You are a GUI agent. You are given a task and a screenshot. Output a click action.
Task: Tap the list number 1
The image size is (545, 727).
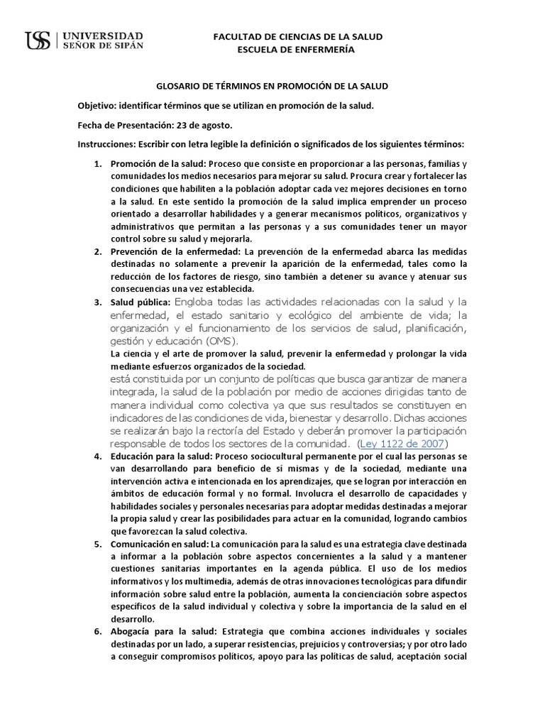point(98,164)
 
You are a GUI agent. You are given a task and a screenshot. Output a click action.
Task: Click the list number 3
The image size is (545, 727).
point(98,302)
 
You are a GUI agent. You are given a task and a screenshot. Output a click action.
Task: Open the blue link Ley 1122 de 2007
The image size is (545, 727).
point(410,444)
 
